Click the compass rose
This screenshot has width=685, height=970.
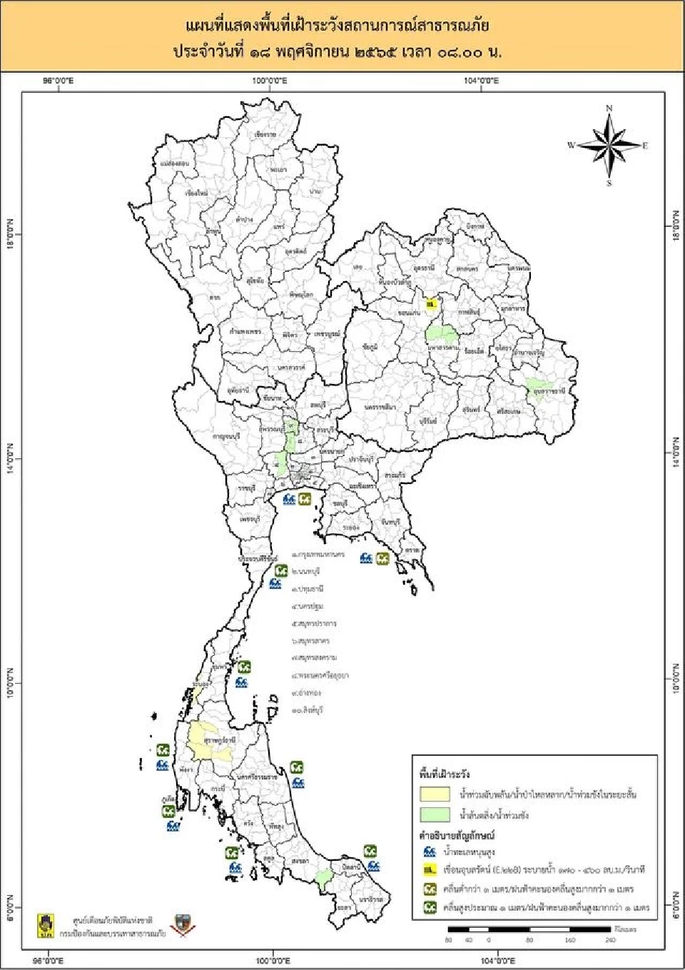[x=609, y=146]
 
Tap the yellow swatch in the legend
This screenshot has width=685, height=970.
[x=435, y=794]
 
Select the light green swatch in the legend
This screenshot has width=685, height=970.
[x=435, y=814]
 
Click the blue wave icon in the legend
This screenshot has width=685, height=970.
[x=430, y=852]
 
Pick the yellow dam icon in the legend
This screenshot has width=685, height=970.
[x=430, y=870]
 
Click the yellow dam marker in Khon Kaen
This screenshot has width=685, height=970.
[x=430, y=305]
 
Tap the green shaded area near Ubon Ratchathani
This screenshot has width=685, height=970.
[x=542, y=390]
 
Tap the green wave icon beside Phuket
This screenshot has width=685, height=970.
[x=169, y=811]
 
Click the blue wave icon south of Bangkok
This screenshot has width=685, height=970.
[x=289, y=499]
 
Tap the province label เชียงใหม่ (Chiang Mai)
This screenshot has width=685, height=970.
[x=196, y=193]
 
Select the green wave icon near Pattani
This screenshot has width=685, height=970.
[x=370, y=851]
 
